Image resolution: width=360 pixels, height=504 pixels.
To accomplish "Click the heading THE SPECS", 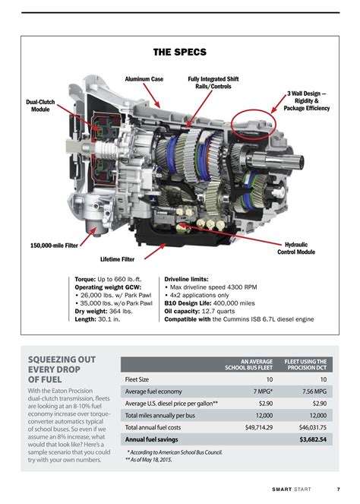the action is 179,52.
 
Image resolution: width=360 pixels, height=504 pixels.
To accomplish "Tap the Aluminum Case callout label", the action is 144,79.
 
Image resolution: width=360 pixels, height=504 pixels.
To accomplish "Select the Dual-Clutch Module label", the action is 40,106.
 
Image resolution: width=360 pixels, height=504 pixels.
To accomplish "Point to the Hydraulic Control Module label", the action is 296,248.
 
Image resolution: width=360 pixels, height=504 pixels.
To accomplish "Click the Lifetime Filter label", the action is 117,259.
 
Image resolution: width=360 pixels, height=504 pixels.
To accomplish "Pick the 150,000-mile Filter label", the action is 54,246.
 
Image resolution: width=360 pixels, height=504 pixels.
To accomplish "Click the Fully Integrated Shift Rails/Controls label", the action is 213,83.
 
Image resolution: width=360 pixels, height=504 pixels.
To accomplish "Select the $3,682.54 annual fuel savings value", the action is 313,439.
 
